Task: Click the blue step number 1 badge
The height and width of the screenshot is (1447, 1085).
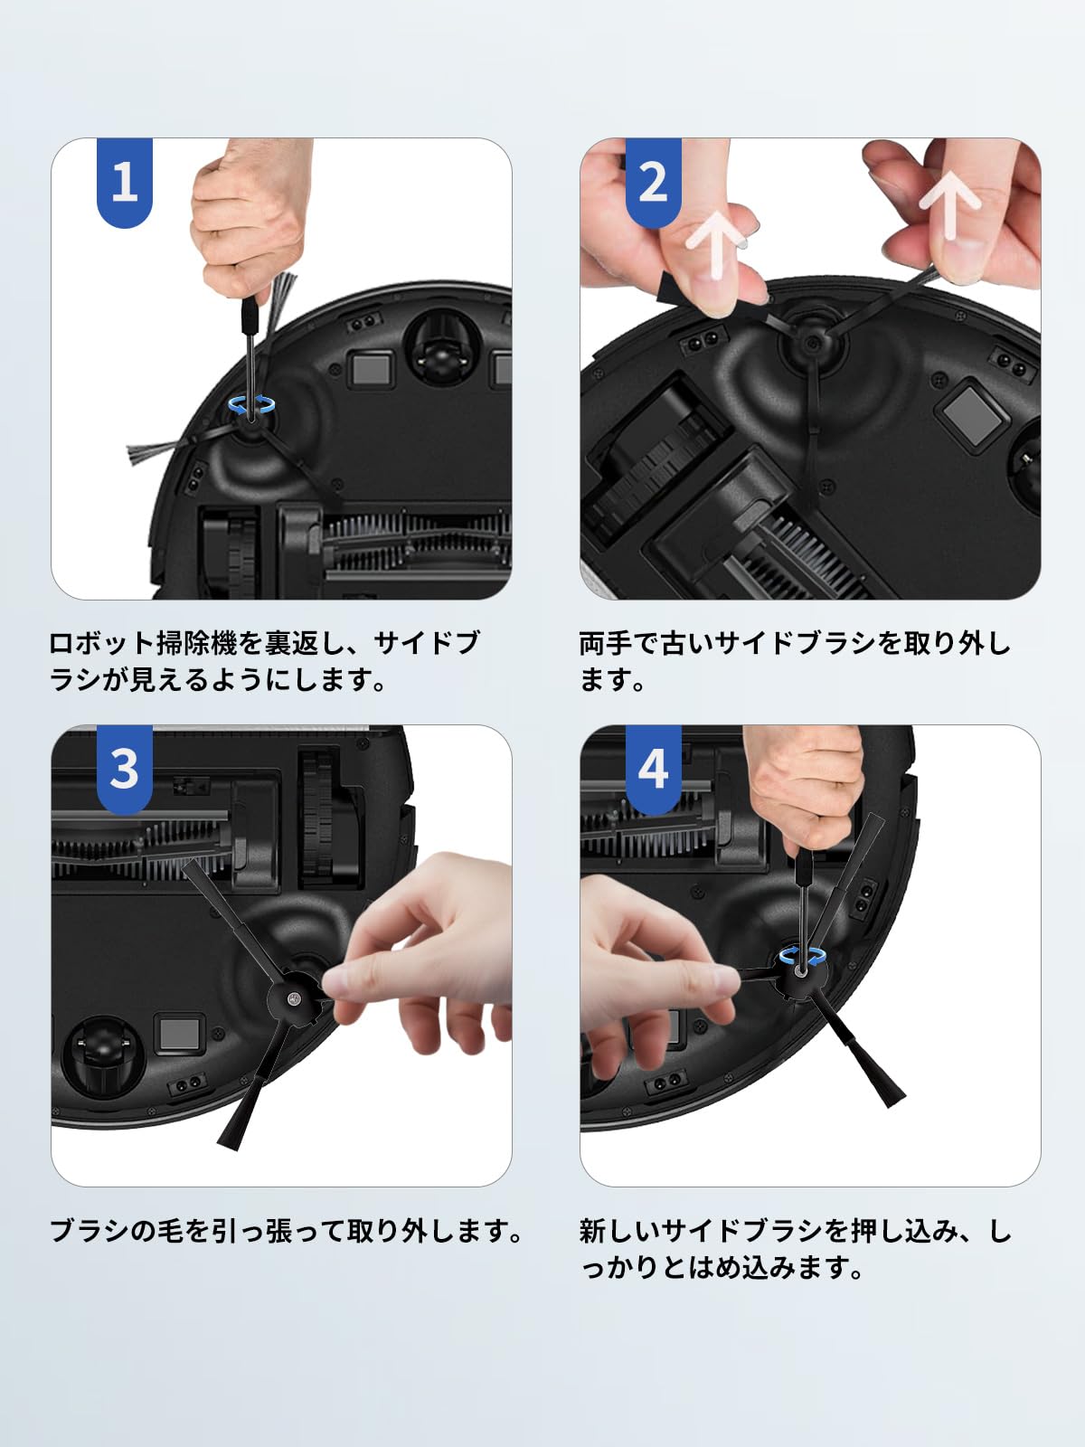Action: [x=124, y=182]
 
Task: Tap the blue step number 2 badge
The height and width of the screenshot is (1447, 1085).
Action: [x=653, y=182]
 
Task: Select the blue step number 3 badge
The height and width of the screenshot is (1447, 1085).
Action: [x=124, y=769]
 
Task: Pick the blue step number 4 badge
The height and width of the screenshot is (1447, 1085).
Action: [x=653, y=769]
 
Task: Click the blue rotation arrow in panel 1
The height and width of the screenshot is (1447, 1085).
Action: [x=250, y=405]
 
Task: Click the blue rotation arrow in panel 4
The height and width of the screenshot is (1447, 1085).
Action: [x=802, y=957]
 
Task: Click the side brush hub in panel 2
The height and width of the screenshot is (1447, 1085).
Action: [x=809, y=343]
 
